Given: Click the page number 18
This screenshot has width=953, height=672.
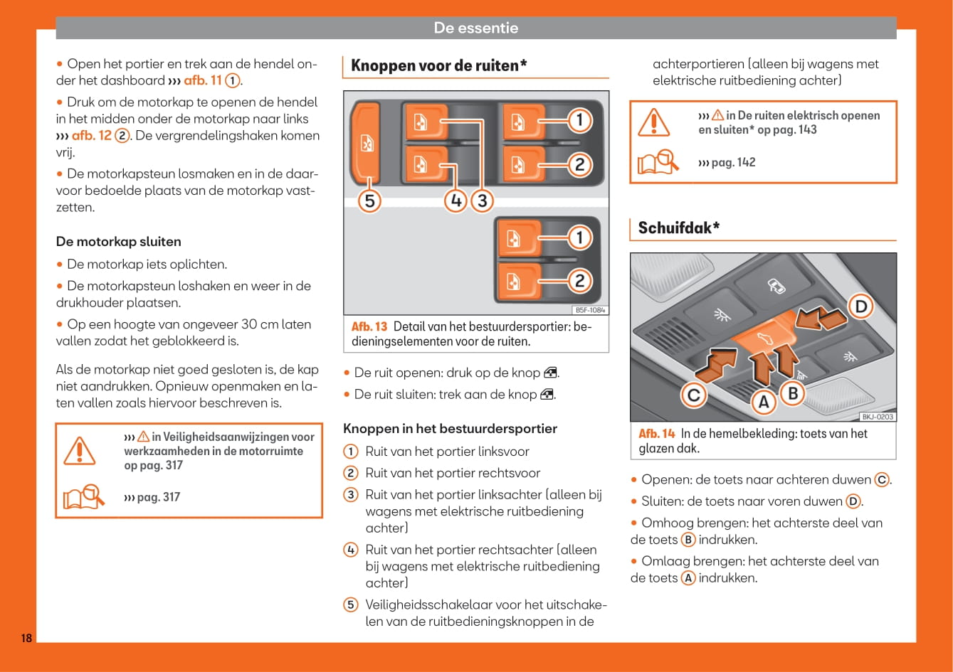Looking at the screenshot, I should (26, 638).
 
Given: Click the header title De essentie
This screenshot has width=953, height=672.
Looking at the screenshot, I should (475, 28).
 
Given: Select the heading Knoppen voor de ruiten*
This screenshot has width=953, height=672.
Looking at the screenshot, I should (438, 65).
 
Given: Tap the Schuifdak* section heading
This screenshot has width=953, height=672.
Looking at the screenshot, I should (678, 228).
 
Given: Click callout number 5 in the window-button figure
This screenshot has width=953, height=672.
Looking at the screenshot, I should (369, 201).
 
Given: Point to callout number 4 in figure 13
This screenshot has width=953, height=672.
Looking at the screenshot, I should (456, 201).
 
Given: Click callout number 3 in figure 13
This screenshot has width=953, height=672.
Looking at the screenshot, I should (482, 201).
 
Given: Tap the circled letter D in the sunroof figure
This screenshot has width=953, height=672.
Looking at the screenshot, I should (861, 306).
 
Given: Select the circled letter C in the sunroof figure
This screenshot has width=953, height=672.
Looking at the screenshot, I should (694, 395).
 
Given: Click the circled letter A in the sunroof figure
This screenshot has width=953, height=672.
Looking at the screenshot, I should (763, 402).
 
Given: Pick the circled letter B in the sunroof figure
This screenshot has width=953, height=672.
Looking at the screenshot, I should (792, 393).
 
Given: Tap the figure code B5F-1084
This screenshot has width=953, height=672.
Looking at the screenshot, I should (589, 310).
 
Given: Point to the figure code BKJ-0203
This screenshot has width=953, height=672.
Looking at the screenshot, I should (877, 417).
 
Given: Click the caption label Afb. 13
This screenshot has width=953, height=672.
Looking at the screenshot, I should (369, 326).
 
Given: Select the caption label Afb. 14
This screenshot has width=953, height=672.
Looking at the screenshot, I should (656, 434).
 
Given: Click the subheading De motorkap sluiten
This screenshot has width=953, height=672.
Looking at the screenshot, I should (118, 242).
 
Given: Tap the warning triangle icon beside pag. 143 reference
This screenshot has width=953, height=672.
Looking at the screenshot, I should (653, 123).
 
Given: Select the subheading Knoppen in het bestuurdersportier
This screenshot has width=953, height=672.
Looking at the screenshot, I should (450, 429).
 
